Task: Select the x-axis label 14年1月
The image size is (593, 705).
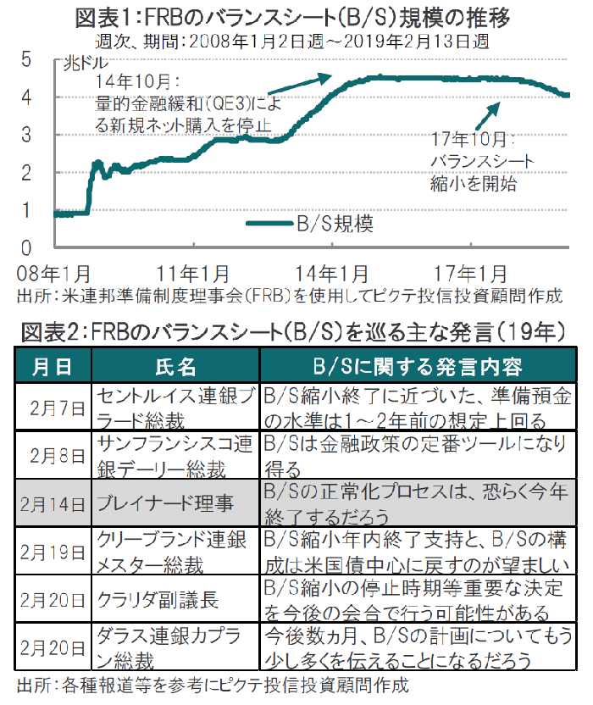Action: (333, 273)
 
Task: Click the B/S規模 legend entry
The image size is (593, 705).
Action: (309, 224)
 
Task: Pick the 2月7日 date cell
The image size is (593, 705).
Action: (56, 408)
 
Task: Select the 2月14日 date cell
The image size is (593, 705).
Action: (53, 504)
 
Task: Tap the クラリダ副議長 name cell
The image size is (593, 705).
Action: (158, 600)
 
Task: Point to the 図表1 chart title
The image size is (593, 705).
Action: (292, 16)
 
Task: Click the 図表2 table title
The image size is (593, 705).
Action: (293, 330)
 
